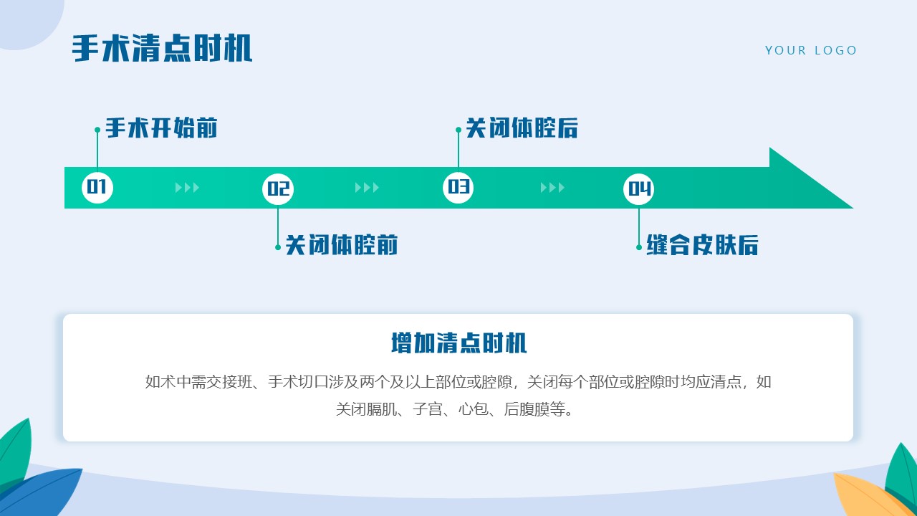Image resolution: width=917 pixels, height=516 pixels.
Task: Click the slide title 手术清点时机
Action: [162, 49]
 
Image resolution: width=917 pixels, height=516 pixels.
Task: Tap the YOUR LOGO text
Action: [811, 50]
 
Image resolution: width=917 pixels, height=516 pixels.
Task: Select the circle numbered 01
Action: [97, 188]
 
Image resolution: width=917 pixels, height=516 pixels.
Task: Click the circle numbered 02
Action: [278, 189]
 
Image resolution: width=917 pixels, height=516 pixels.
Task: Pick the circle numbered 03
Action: [458, 188]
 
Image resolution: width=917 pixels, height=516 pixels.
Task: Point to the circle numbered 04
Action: [639, 189]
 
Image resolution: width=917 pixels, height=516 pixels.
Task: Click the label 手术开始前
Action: [161, 129]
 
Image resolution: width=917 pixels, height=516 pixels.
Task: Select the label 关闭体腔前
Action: [341, 245]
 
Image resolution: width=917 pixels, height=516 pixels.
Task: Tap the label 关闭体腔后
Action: [522, 129]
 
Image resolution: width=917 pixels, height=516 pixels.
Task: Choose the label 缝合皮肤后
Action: [702, 245]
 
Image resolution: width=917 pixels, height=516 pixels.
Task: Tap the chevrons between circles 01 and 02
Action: [187, 188]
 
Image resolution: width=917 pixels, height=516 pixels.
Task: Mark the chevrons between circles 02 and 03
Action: [368, 188]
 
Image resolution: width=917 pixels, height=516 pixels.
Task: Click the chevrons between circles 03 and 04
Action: [552, 188]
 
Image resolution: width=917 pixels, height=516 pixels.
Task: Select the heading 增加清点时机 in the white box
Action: [458, 343]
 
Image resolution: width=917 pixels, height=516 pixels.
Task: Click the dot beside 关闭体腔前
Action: [278, 247]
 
